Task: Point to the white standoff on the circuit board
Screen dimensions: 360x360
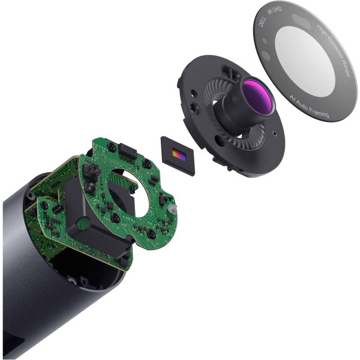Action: [x=173, y=208]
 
